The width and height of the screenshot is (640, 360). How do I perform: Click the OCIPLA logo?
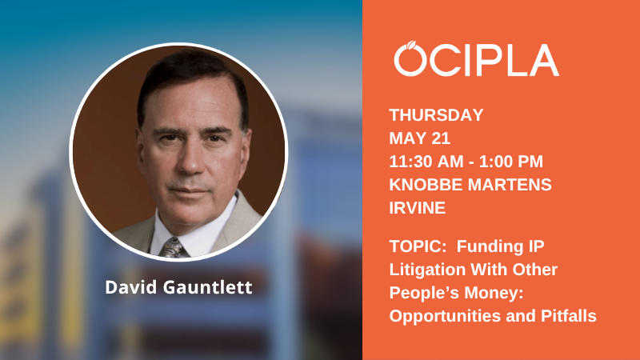476,60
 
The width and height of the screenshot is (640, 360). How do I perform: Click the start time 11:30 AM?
425,161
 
